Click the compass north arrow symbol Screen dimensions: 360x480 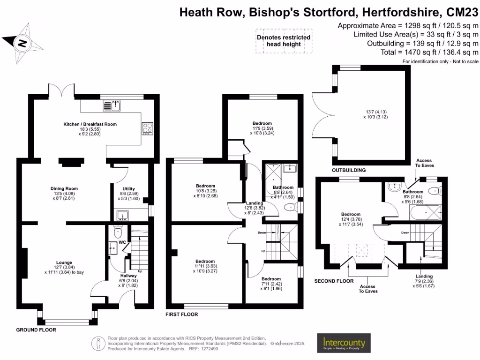tap(22, 44)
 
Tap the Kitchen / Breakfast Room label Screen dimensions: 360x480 tap(90, 124)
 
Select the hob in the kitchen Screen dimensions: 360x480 tap(147, 128)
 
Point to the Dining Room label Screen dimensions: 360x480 tap(64, 188)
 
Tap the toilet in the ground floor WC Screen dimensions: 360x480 tap(118, 232)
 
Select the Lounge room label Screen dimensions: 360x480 tap(64, 262)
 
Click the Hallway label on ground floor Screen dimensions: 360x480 tap(128, 276)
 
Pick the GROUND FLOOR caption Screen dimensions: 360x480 tap(36, 330)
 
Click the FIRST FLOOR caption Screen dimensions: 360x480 tap(182, 314)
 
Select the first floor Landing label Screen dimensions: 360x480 tap(255, 203)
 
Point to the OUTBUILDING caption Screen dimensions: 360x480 tap(348, 170)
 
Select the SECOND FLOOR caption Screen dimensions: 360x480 tap(334, 281)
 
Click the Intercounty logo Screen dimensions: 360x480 tap(344, 344)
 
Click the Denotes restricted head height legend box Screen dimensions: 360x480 tap(283, 41)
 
